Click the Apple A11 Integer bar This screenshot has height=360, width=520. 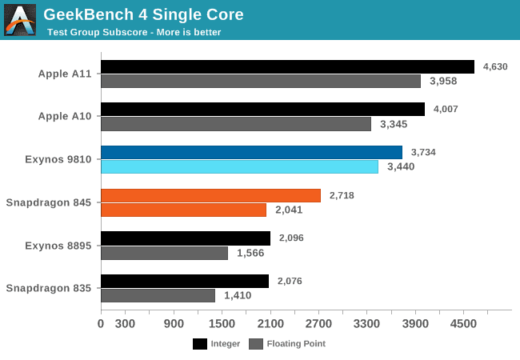(287, 66)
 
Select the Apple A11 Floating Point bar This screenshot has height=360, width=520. (261, 81)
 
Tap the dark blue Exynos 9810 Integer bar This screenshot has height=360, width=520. (251, 152)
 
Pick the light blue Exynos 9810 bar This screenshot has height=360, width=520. (239, 166)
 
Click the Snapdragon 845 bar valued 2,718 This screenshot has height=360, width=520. (210, 195)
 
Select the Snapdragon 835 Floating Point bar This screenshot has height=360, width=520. (158, 295)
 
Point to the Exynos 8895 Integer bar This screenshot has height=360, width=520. (186, 238)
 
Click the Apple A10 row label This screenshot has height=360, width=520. (65, 116)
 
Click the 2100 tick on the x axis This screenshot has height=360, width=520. (270, 324)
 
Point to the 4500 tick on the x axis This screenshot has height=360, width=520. (464, 324)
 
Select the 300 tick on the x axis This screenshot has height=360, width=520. (125, 324)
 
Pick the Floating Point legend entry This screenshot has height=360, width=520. (287, 344)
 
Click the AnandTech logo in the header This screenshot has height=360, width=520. (20, 20)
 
